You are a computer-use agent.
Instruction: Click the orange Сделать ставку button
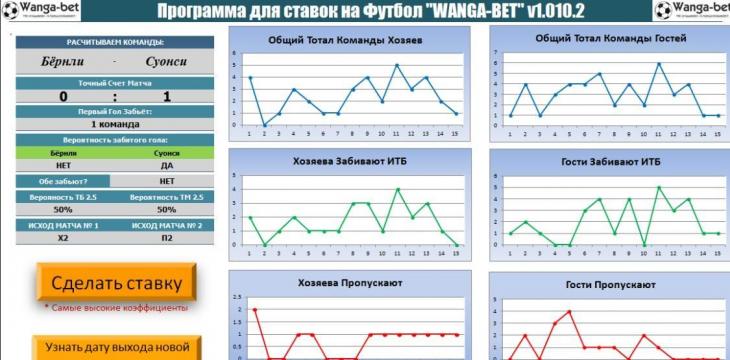pos(116,282)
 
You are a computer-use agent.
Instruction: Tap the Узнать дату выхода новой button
pos(116,348)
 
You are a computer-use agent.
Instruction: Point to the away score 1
pos(166,97)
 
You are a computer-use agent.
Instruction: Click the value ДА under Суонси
pos(167,166)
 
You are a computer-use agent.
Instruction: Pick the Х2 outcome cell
pos(63,238)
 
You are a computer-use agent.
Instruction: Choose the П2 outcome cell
pos(166,238)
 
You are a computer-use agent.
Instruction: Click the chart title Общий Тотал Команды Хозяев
pos(345,41)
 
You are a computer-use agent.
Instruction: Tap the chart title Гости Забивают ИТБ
pos(605,161)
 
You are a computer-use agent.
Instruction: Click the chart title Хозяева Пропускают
pos(349,283)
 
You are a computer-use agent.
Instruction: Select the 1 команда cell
pos(115,124)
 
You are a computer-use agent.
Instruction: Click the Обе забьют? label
pos(62,181)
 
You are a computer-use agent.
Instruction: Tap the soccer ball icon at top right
pos(665,11)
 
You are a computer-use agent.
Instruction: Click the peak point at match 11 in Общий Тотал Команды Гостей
pos(658,64)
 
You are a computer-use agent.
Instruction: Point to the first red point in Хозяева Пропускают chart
pos(254,310)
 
